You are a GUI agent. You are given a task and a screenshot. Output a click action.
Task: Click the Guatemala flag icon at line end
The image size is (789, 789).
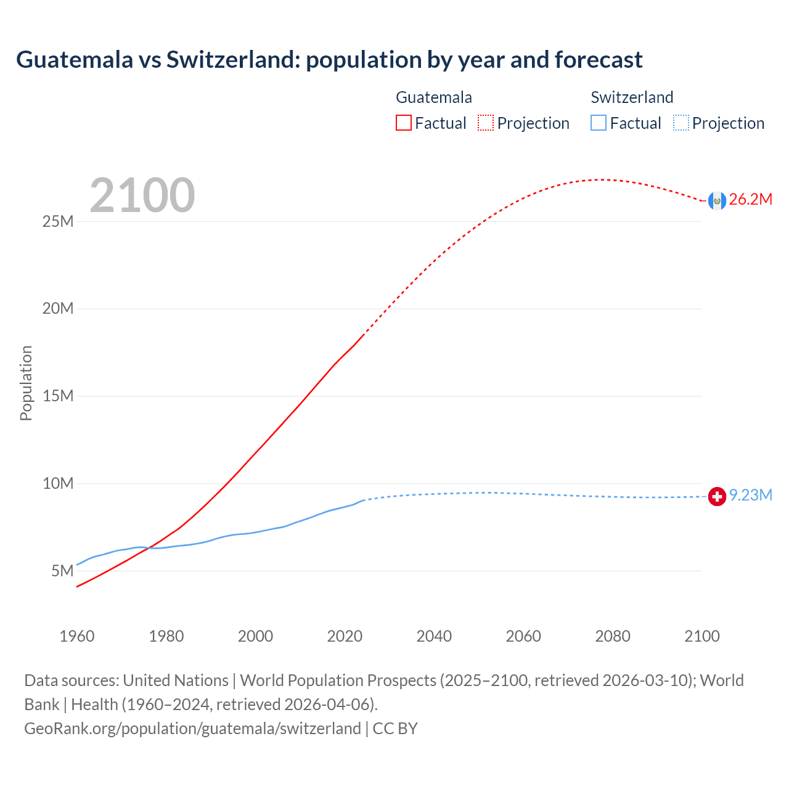(x=717, y=200)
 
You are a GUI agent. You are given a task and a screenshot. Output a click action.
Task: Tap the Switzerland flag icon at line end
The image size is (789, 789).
(x=717, y=496)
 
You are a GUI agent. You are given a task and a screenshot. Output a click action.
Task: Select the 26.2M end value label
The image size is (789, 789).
(x=750, y=199)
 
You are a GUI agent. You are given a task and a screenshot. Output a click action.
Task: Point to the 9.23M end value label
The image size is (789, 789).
(x=750, y=496)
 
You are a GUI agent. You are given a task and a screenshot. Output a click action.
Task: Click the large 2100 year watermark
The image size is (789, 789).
(x=142, y=195)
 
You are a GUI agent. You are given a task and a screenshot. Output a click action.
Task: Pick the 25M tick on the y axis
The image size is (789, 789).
(x=58, y=221)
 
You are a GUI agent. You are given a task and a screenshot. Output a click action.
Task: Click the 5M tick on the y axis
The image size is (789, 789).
(x=62, y=571)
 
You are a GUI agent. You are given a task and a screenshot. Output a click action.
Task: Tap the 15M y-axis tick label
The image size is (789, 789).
(x=58, y=396)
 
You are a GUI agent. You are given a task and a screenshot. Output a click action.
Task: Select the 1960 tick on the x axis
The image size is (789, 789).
(x=77, y=636)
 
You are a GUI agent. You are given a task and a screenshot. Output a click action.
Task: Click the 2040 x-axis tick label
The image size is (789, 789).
(x=434, y=636)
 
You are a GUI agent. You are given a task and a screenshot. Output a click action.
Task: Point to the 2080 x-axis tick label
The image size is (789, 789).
(x=613, y=636)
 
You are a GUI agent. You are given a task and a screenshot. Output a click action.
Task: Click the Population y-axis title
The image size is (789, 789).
(x=26, y=383)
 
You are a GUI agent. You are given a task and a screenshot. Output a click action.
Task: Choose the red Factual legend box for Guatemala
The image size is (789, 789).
(x=404, y=123)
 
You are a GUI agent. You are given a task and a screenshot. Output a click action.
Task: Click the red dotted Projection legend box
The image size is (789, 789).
(x=486, y=123)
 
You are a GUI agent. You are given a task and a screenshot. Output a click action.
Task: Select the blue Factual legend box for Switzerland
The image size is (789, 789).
(x=599, y=123)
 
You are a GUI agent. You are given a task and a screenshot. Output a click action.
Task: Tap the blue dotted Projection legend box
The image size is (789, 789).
(x=681, y=123)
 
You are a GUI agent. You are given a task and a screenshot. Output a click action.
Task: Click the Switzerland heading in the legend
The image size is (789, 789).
(x=632, y=97)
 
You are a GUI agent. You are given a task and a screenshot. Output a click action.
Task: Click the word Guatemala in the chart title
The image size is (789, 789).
(x=75, y=60)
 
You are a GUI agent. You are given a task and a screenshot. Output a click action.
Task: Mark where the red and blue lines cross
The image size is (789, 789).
(x=149, y=547)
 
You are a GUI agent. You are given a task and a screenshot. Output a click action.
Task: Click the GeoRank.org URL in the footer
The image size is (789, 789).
(x=192, y=729)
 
